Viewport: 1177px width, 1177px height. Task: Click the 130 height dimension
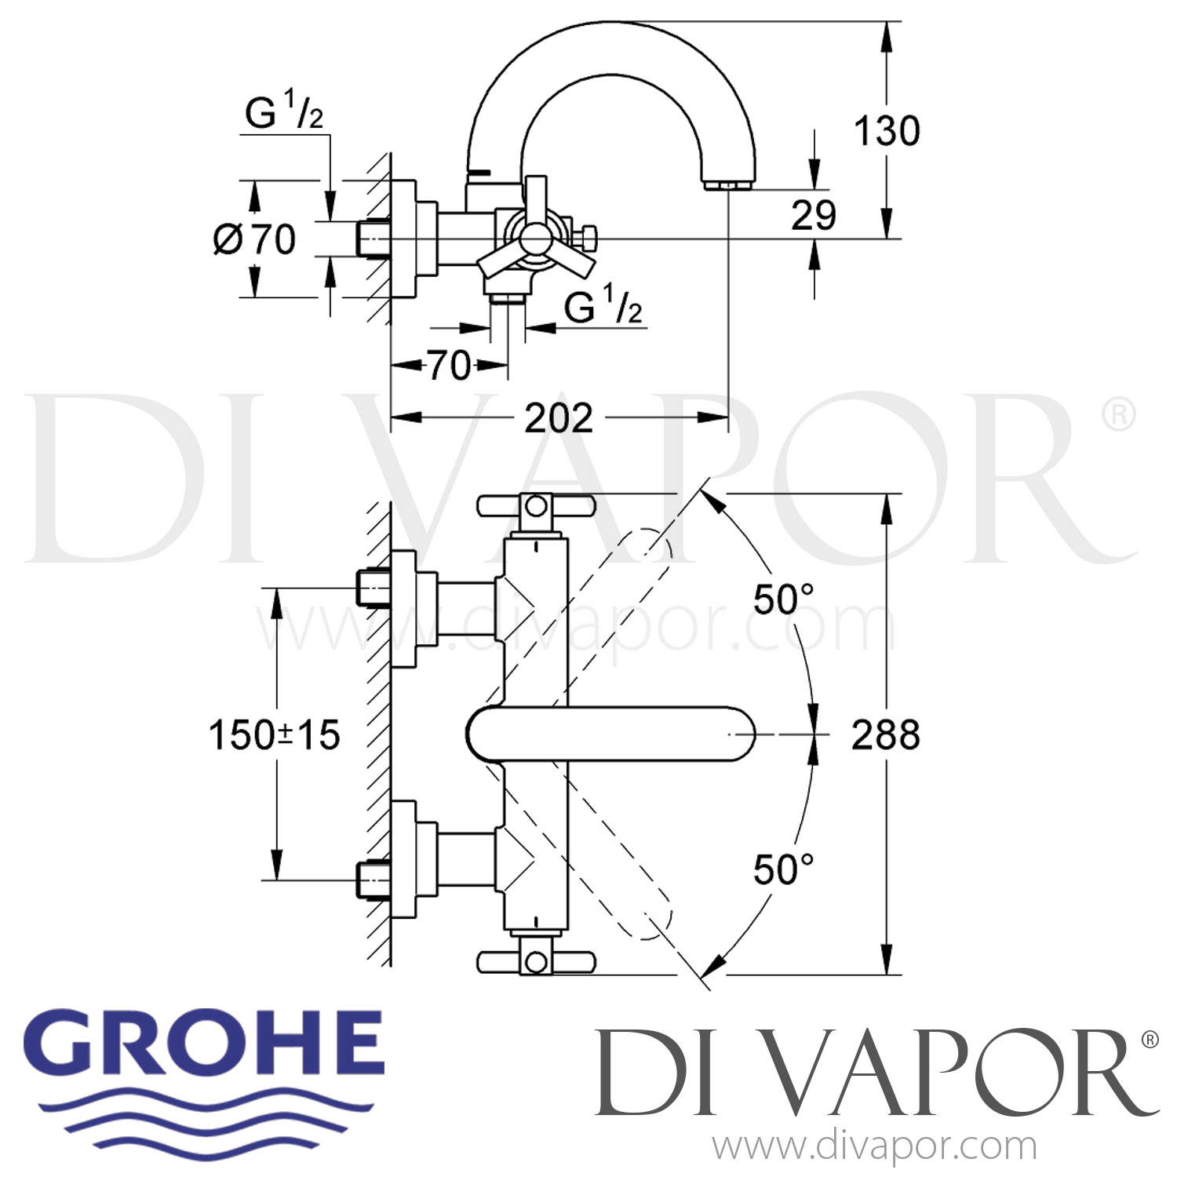(887, 131)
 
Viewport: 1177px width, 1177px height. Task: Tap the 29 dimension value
(813, 215)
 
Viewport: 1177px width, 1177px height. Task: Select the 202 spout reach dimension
(558, 418)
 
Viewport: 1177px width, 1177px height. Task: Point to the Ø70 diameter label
(254, 239)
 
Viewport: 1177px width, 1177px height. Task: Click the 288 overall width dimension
(885, 735)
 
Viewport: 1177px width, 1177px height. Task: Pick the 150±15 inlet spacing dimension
(274, 735)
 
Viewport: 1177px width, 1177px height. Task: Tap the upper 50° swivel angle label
(782, 600)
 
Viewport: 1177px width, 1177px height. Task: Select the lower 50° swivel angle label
(782, 869)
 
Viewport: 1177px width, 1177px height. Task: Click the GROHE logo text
(210, 1044)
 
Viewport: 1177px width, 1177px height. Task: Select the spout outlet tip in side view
(729, 185)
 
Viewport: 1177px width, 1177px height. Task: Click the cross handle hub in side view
(535, 235)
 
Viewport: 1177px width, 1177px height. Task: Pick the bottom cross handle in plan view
(536, 961)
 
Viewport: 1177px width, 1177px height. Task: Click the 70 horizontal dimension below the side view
(449, 365)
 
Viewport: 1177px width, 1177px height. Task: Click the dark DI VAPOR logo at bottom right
(874, 1075)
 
